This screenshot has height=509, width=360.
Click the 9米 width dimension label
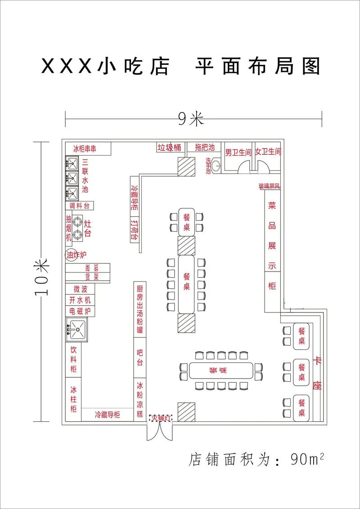pyautogui.click(x=191, y=118)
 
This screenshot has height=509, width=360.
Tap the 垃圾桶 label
pyautogui.click(x=169, y=147)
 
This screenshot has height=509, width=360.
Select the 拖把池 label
pyautogui.click(x=205, y=147)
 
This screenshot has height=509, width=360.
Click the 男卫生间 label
pyautogui.click(x=238, y=152)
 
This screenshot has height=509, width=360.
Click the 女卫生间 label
pyautogui.click(x=268, y=152)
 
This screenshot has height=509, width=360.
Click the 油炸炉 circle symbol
pyautogui.click(x=69, y=255)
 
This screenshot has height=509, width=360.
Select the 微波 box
pyautogui.click(x=81, y=289)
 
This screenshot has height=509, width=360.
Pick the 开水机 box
pyautogui.click(x=81, y=300)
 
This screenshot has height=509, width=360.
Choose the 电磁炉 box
pyautogui.click(x=81, y=311)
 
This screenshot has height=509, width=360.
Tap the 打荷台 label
pyautogui.click(x=134, y=230)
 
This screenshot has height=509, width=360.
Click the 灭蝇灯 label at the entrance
pyautogui.click(x=161, y=419)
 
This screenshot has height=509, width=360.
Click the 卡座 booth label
pyautogui.click(x=318, y=373)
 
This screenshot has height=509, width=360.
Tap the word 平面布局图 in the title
pyautogui.click(x=257, y=67)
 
